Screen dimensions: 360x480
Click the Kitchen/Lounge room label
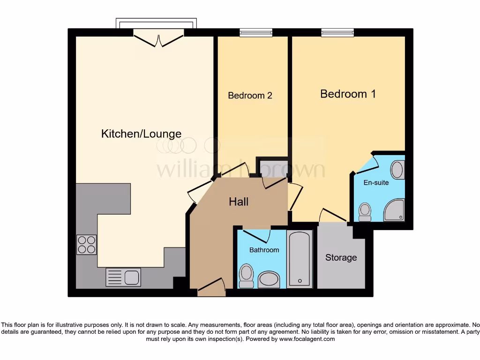(141, 134)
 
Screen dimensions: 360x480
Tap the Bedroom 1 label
(348, 94)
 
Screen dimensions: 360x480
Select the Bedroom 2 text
(250, 96)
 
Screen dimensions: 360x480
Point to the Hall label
(239, 202)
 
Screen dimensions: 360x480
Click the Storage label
(341, 257)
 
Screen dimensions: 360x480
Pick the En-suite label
(376, 182)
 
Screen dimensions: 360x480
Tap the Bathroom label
(264, 250)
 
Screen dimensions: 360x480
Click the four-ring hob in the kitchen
(86, 244)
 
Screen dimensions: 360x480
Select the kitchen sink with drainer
(123, 277)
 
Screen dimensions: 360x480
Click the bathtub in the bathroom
(299, 259)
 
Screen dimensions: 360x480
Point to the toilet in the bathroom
(246, 276)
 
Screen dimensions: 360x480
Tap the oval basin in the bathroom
(269, 280)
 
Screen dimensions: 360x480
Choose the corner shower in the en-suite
(394, 210)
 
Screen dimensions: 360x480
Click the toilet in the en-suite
(365, 212)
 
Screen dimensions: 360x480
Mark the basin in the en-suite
(397, 170)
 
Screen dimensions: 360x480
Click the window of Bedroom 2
(256, 32)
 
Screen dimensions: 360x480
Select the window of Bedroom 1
(337, 32)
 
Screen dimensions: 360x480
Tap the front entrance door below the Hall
(211, 287)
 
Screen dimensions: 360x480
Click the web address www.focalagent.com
(307, 339)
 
